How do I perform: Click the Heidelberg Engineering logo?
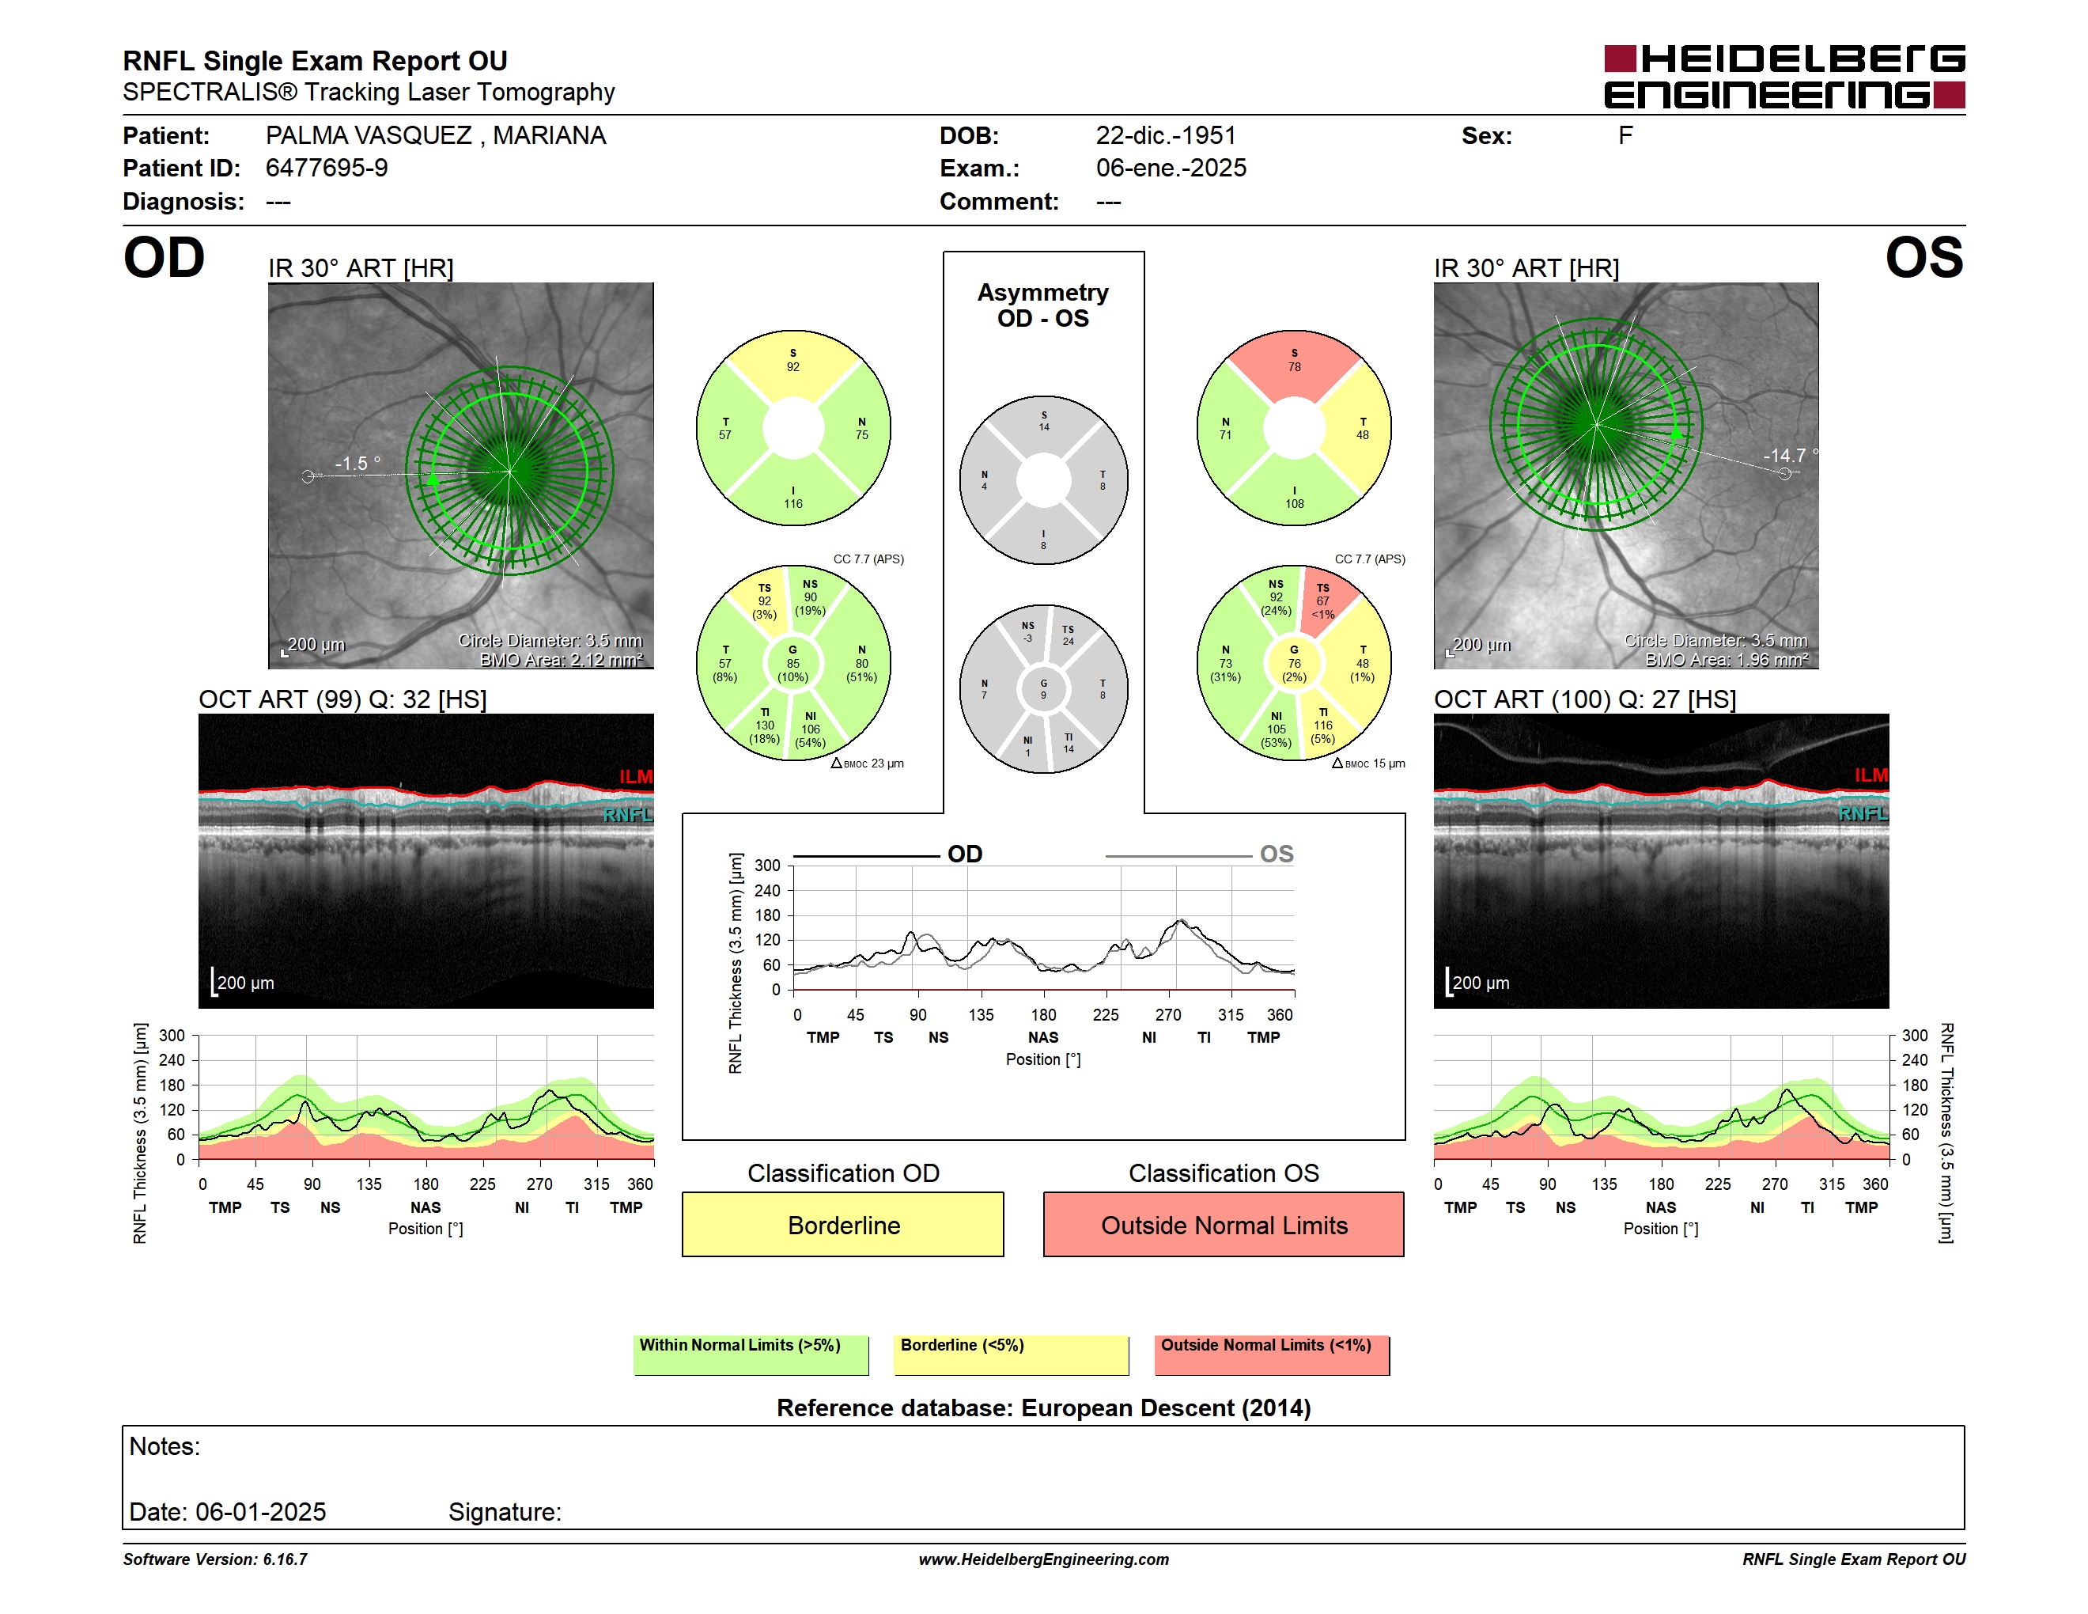tap(1784, 77)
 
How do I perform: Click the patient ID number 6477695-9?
tap(326, 169)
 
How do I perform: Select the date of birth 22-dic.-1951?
tap(1166, 136)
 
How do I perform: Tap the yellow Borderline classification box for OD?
tap(842, 1224)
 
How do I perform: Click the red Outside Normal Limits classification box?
tap(1223, 1224)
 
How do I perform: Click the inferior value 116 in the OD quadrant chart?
tap(792, 504)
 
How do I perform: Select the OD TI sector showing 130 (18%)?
tap(764, 726)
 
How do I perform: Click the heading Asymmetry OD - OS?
tap(1042, 305)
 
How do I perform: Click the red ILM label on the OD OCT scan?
tap(635, 776)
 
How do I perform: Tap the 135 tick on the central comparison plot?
tap(980, 1014)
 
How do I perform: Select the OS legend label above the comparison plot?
tap(1277, 854)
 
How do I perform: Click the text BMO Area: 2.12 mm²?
tap(562, 660)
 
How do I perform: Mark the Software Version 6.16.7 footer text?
tap(215, 1559)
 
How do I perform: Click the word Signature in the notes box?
tap(504, 1512)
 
